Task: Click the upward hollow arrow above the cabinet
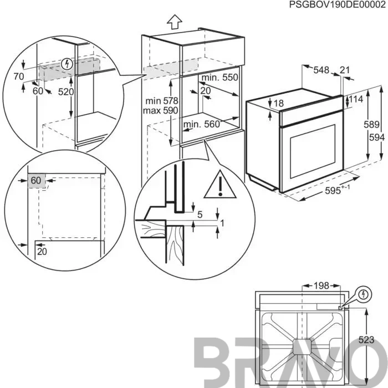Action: pyautogui.click(x=175, y=22)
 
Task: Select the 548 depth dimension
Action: pyautogui.click(x=321, y=70)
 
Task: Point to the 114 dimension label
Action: pyautogui.click(x=356, y=99)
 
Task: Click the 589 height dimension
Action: pyautogui.click(x=371, y=124)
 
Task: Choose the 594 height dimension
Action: pyautogui.click(x=377, y=137)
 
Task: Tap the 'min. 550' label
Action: pyautogui.click(x=219, y=78)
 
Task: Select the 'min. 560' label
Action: pyautogui.click(x=202, y=124)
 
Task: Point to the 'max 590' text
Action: pyautogui.click(x=161, y=110)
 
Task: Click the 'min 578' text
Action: pyautogui.click(x=162, y=101)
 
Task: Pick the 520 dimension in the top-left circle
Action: pyautogui.click(x=66, y=92)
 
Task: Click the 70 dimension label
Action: pyautogui.click(x=19, y=76)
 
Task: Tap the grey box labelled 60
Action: pyautogui.click(x=37, y=181)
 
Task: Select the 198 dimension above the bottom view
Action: pyautogui.click(x=321, y=286)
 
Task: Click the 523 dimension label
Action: pyautogui.click(x=366, y=339)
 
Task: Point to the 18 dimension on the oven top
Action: pyautogui.click(x=279, y=103)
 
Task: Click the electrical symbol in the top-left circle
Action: pyautogui.click(x=67, y=64)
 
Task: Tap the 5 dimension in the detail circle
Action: pyautogui.click(x=200, y=215)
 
